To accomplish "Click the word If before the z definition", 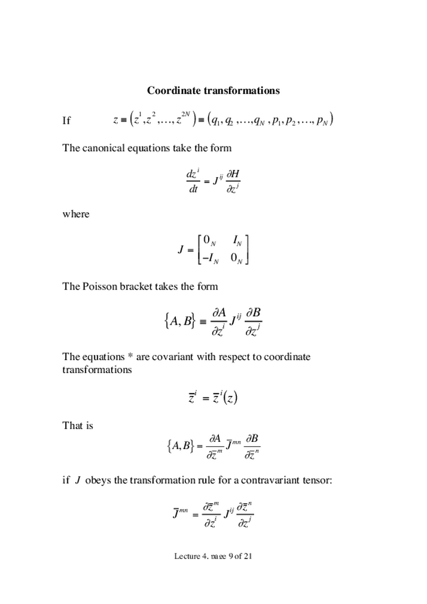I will pyautogui.click(x=66, y=121).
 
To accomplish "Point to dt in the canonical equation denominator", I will pyautogui.click(x=193, y=190).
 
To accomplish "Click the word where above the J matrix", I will pyautogui.click(x=76, y=214).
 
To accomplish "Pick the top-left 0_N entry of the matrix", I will pyautogui.click(x=209, y=240).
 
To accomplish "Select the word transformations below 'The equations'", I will pyautogui.click(x=97, y=370).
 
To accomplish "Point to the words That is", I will pyautogui.click(x=78, y=426).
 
